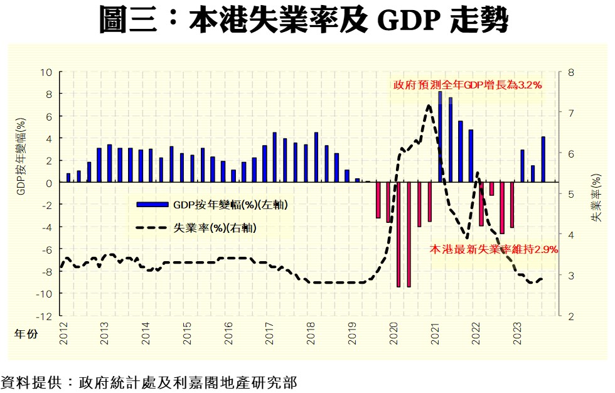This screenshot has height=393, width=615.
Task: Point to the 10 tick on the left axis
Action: (x=47, y=72)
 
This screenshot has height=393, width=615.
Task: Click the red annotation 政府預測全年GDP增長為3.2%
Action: (x=468, y=85)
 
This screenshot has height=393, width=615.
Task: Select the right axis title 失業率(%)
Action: (x=597, y=199)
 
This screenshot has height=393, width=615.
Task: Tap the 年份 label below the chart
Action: (x=26, y=335)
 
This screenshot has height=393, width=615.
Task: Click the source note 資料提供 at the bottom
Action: (x=149, y=382)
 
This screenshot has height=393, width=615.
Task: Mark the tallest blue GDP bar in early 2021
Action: (x=440, y=137)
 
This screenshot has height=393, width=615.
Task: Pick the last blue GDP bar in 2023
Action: (x=543, y=159)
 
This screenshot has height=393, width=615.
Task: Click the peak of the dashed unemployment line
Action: (x=429, y=105)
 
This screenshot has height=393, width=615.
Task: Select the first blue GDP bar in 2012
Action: (x=68, y=178)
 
